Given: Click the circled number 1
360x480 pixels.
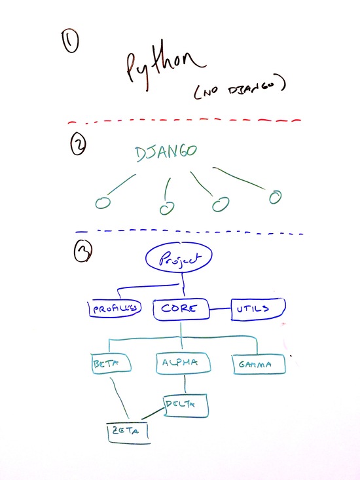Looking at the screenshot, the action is click(71, 41).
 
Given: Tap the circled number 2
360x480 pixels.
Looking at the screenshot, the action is click(79, 144).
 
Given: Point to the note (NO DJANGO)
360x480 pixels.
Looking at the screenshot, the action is click(240, 87).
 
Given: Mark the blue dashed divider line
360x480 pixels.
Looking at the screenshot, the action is click(189, 232).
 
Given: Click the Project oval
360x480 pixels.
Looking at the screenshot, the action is click(179, 258).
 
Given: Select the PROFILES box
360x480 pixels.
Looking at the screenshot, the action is click(115, 308).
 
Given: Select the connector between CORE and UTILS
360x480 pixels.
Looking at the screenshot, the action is click(220, 309).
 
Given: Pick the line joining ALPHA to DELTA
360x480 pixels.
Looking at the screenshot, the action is click(185, 384).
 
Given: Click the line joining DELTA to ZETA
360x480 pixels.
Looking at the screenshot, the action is click(153, 414).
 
